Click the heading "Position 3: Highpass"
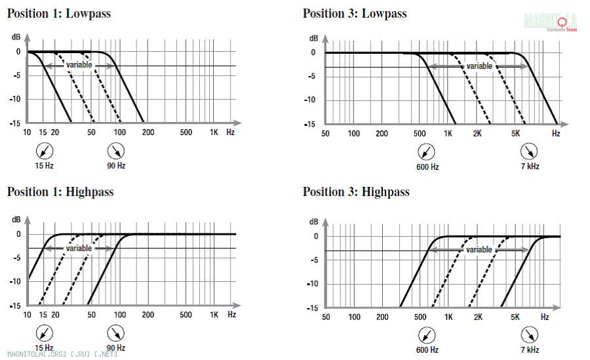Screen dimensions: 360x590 coord(356,191)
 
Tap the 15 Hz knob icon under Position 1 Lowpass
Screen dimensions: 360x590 coord(44,151)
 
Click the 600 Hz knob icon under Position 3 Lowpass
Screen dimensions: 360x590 coord(427,153)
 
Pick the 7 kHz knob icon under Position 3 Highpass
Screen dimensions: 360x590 coord(530,336)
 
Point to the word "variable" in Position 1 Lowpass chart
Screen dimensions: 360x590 coord(79,65)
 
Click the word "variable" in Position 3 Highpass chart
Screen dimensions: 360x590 coord(479,250)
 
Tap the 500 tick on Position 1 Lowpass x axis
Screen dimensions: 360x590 coord(186,132)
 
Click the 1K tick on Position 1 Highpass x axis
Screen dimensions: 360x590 coord(214,315)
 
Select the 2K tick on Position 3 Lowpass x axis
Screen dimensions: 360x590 coord(477,134)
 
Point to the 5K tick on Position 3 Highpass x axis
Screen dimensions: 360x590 coord(515,317)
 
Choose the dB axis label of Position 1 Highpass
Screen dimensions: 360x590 coord(16,220)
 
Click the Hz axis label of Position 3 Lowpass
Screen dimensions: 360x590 coord(556,134)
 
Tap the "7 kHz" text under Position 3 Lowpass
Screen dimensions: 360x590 coord(530,167)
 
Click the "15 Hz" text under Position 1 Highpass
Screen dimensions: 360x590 coord(44,348)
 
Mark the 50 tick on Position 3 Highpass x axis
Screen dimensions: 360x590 coord(326,317)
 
